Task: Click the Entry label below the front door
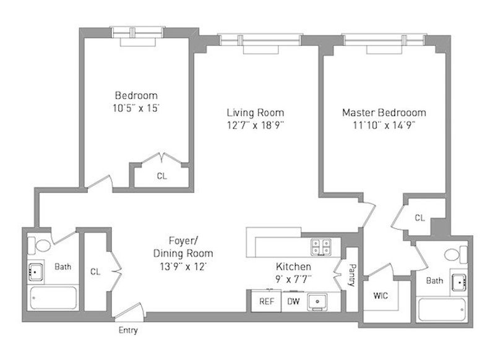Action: click(128, 330)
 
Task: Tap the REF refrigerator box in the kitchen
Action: click(266, 301)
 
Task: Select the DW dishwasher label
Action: click(293, 301)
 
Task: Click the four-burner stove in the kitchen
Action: click(321, 246)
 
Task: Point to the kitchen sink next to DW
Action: click(317, 302)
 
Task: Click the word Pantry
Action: click(352, 275)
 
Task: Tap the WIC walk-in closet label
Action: click(381, 296)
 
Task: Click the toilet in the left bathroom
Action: click(40, 245)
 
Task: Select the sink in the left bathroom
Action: click(35, 272)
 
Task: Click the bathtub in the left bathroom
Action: click(53, 298)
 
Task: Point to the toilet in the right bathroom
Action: click(455, 254)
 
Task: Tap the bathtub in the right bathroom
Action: click(441, 310)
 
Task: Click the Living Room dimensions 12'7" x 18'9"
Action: click(256, 126)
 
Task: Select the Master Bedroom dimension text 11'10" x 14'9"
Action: click(384, 126)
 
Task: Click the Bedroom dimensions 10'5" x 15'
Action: click(136, 108)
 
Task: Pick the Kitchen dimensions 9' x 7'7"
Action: click(293, 279)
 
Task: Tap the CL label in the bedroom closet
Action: click(161, 176)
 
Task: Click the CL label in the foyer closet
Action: click(95, 272)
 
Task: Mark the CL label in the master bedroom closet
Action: click(420, 218)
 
